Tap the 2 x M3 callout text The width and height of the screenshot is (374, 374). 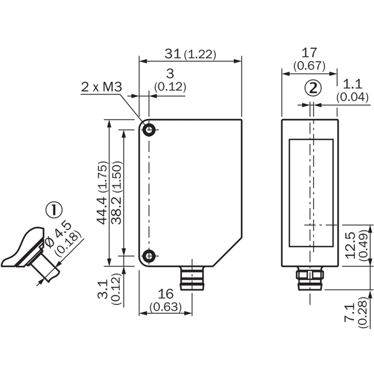[x=101, y=87]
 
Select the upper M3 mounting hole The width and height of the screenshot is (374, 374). [x=149, y=130]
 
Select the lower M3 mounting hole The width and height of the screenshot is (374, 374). [x=149, y=256]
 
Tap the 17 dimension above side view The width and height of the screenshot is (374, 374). [x=309, y=53]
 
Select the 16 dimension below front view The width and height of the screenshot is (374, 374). [x=166, y=294]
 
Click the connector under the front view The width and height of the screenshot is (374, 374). [x=192, y=279]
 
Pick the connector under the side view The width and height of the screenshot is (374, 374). [x=309, y=279]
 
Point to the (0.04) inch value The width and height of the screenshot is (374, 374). [x=351, y=97]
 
